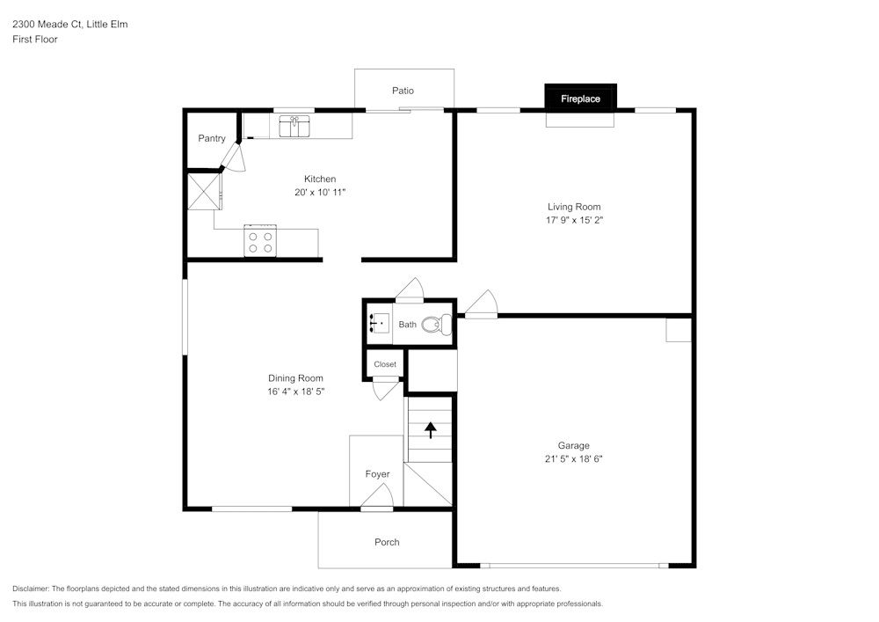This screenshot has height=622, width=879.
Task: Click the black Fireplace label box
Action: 580,99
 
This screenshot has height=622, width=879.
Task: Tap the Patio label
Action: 403,91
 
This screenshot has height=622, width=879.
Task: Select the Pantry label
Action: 211,138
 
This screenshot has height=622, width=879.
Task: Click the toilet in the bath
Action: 437,326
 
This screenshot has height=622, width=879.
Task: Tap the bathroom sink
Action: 379,324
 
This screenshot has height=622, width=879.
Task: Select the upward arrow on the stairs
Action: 431,429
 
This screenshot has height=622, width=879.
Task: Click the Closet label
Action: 385,364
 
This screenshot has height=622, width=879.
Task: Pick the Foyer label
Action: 377,474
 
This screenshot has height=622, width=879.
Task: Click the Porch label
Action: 387,542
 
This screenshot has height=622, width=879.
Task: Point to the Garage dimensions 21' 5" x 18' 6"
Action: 573,458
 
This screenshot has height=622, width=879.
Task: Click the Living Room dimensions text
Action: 574,220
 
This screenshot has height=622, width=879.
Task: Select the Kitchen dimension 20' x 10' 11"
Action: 320,192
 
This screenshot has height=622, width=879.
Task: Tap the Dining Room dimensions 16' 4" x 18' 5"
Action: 295,391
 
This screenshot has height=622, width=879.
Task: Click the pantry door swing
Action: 232,157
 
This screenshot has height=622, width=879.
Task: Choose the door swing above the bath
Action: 410,289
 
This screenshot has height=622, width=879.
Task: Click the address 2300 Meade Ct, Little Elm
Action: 69,24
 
